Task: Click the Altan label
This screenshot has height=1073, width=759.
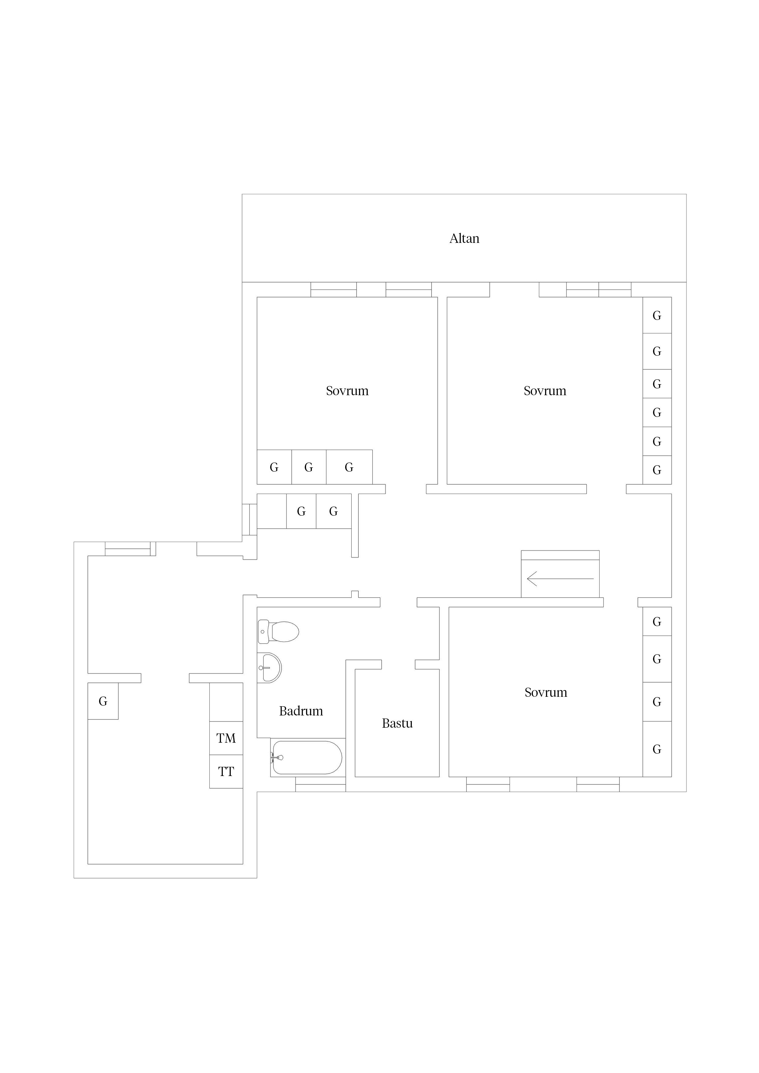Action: pos(464,239)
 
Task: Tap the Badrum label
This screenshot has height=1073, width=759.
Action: pos(301,711)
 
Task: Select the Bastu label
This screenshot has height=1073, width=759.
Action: pos(397,723)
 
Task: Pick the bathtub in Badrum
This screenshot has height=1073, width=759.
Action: pos(307,758)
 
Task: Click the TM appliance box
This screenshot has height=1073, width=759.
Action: pos(226,738)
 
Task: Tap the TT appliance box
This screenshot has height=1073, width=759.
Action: pos(226,772)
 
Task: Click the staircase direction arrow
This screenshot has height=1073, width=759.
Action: pos(560,579)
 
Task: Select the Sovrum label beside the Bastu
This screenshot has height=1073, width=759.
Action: pos(546,692)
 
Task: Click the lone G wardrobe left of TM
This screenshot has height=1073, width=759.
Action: pos(103,701)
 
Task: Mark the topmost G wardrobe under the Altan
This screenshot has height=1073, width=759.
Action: pos(657,315)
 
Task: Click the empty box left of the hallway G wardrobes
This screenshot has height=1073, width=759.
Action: pos(272,511)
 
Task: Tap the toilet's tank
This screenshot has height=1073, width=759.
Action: pos(263,632)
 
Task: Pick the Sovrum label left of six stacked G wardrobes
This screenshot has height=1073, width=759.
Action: pos(545,391)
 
